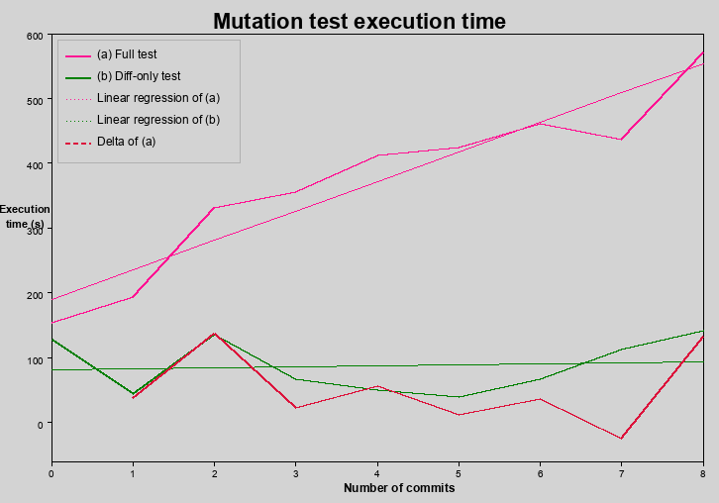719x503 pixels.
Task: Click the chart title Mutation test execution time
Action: coord(359,21)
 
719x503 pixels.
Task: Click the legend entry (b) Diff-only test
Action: coord(139,76)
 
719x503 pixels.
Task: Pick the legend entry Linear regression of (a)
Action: coord(158,98)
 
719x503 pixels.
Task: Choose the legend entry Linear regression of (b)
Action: coord(158,120)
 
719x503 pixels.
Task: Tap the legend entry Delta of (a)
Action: coord(127,142)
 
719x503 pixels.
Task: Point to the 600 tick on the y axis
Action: coord(35,36)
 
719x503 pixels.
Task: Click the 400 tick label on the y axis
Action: coord(35,165)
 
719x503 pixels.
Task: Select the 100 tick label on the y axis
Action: coord(35,359)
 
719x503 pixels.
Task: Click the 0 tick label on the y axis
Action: coord(41,424)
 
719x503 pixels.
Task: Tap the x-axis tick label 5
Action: coord(459,473)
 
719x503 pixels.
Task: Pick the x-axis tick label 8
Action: coord(702,473)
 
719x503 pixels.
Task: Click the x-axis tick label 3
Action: coord(295,473)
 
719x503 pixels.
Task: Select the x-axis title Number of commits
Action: coord(399,488)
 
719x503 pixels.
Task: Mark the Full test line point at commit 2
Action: coord(214,208)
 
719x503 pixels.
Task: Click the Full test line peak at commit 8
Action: coord(702,52)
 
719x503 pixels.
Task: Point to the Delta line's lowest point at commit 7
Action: coord(621,439)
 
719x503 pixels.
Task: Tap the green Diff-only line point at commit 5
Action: coord(459,397)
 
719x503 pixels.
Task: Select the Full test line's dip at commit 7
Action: coord(621,140)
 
